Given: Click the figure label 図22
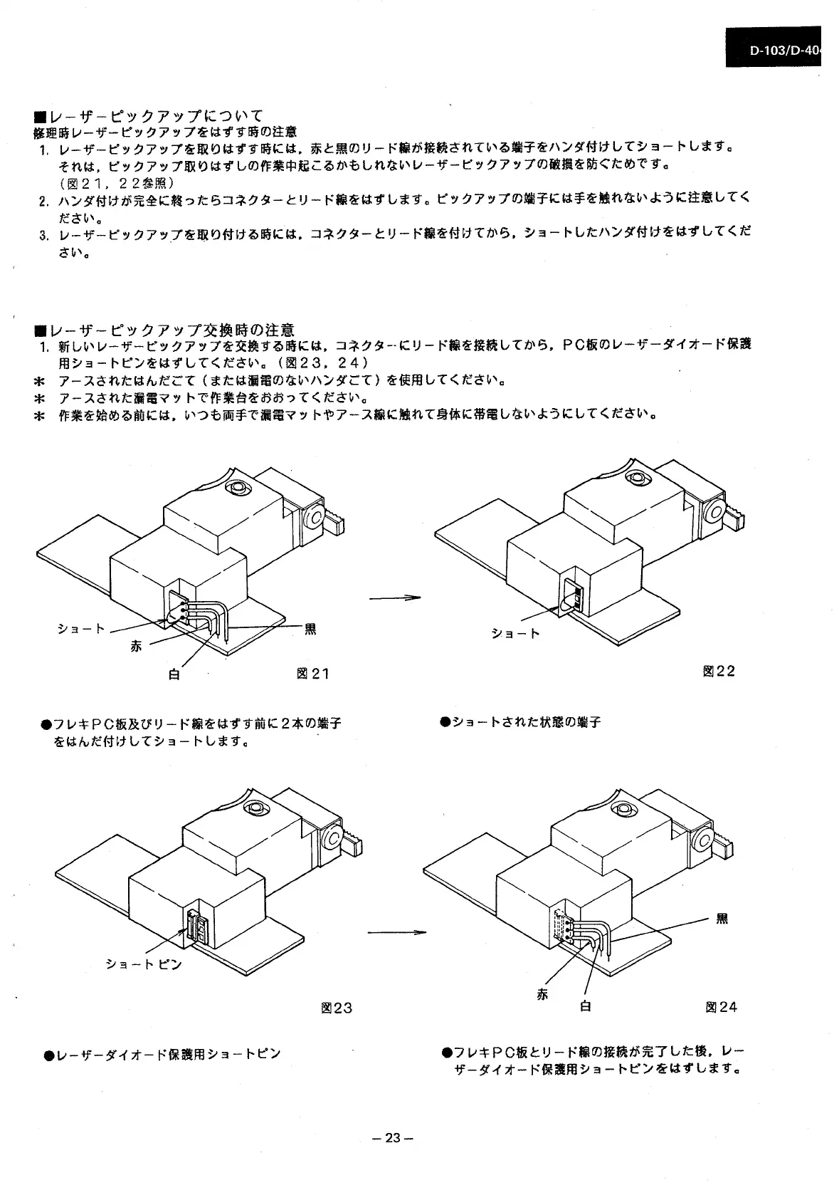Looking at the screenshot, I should [718, 671].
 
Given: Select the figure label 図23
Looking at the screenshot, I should [336, 1008].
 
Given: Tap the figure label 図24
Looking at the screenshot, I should [721, 1006].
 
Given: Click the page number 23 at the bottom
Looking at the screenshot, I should [393, 1137].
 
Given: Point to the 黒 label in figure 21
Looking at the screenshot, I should [310, 629].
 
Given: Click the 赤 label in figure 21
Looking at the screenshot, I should [137, 646].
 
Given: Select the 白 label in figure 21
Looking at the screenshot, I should [174, 673].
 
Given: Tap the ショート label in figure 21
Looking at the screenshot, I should [80, 628].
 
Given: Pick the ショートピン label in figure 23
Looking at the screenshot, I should [144, 964].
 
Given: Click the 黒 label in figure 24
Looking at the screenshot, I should [722, 919].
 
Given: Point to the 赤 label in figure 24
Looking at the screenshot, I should [542, 994].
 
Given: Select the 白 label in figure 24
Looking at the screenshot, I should [585, 1006].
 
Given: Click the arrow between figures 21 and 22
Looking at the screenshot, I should [395, 598].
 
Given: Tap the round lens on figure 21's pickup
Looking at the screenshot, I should [236, 488].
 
